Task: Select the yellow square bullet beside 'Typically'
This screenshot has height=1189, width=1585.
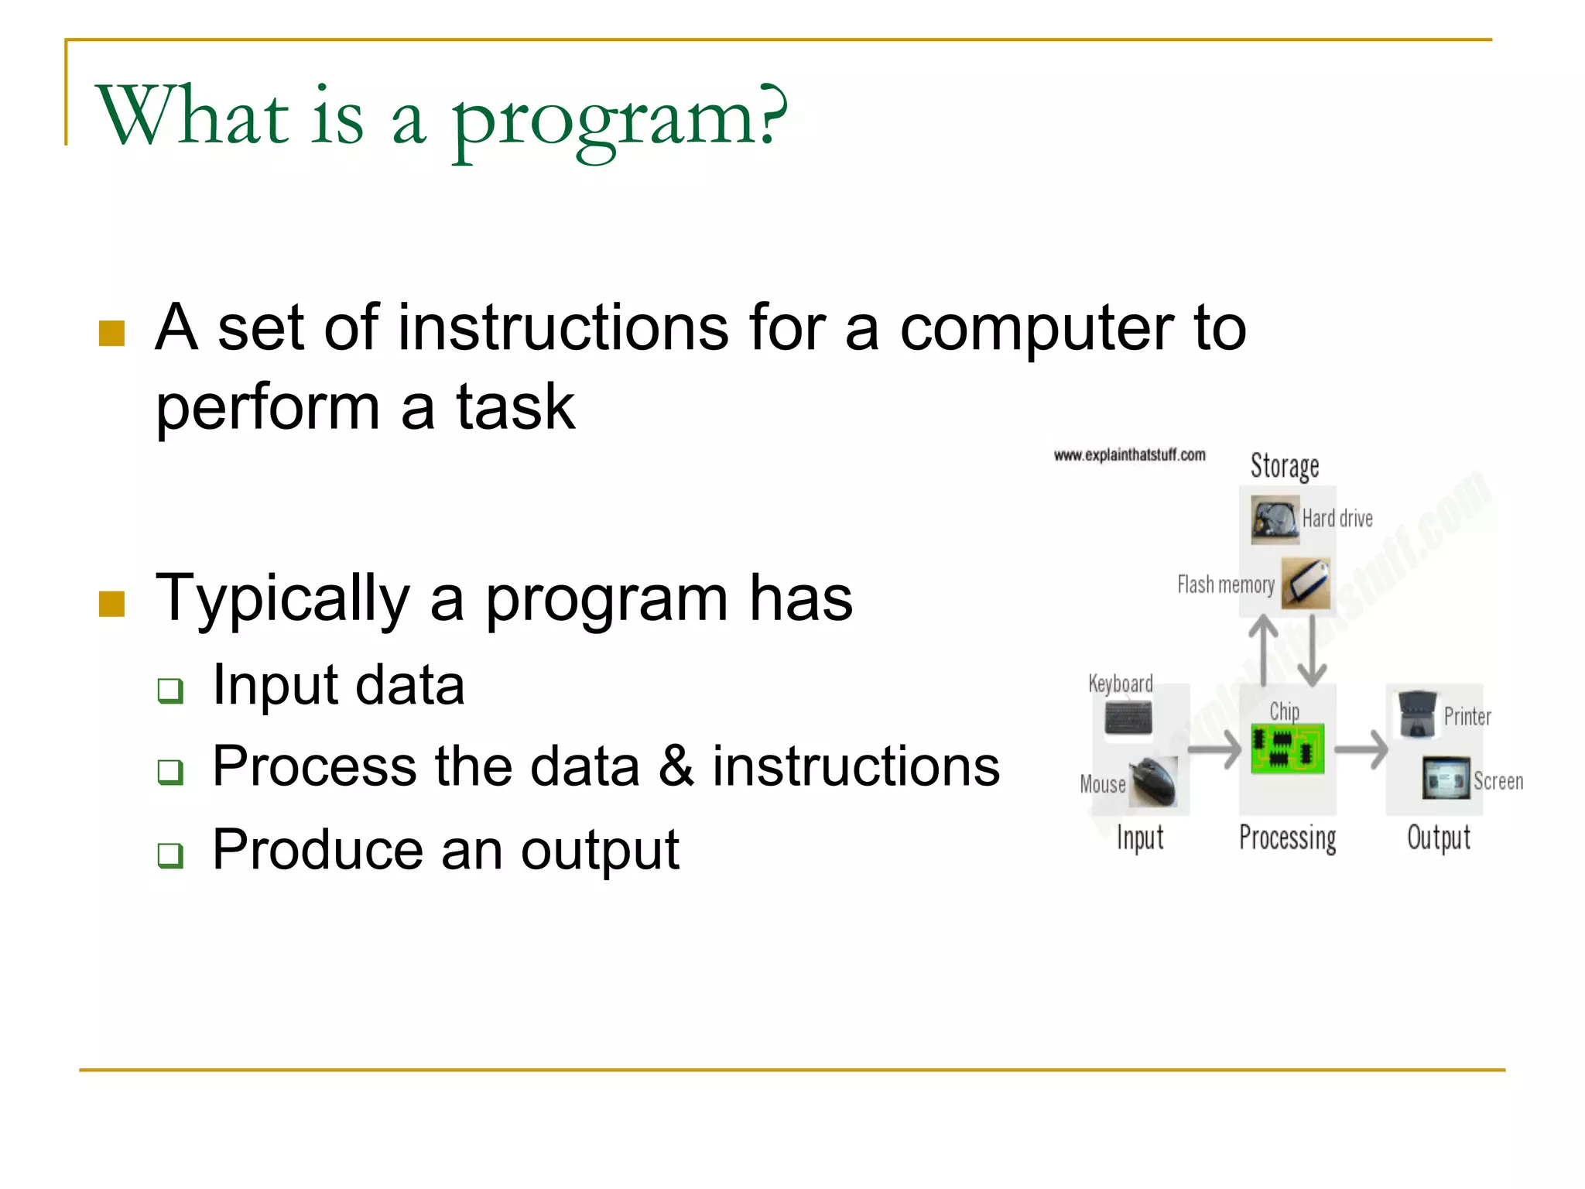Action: coord(112,604)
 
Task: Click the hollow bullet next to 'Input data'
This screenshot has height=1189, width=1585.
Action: coord(170,690)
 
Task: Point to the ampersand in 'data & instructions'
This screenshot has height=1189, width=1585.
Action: coord(676,766)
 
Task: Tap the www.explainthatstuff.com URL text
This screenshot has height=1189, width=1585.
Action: coord(1129,455)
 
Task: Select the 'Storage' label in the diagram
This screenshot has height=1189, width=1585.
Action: coord(1285,466)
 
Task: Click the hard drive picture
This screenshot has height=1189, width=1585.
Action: coord(1275,519)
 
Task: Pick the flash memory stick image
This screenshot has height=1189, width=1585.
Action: coord(1306,583)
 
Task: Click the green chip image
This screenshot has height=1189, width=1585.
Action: coord(1287,749)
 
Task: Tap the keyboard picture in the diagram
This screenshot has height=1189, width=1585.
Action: coord(1128,718)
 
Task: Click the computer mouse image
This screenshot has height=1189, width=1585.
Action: coord(1153,782)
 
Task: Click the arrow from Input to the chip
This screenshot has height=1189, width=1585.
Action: coord(1214,749)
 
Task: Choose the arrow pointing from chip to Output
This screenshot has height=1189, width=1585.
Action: coord(1361,749)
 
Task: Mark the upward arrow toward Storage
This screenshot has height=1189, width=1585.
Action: coord(1265,650)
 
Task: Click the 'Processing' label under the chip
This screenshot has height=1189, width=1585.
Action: coord(1288,838)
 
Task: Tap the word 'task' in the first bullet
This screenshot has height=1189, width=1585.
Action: coord(515,408)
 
